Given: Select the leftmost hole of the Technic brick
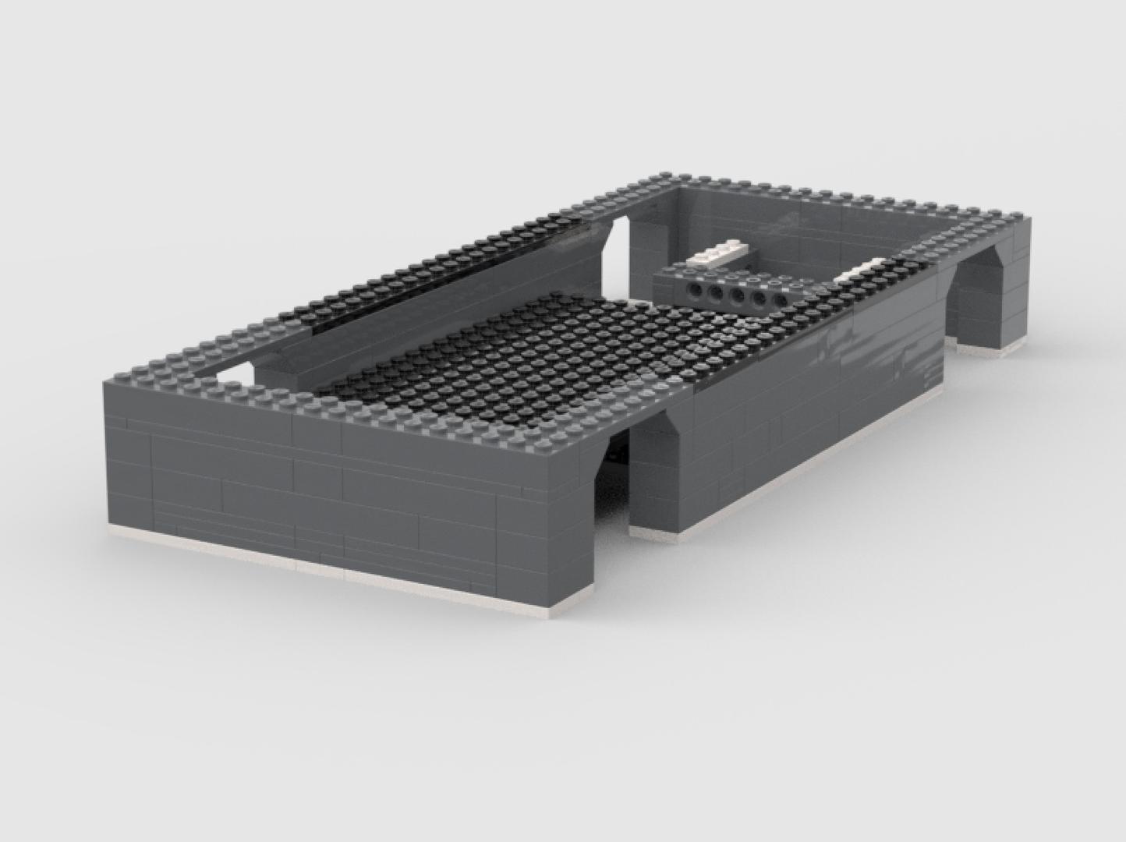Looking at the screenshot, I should [693, 290].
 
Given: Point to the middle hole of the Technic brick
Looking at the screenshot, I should [735, 296].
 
